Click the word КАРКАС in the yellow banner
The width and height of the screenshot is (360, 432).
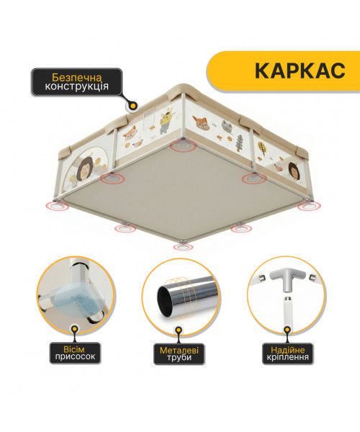(x=300, y=71)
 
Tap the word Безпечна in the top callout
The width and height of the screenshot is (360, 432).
(x=77, y=78)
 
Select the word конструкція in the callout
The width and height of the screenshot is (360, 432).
(x=76, y=86)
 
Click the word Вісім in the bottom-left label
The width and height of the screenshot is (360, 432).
(x=74, y=349)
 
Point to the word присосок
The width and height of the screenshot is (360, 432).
(x=75, y=356)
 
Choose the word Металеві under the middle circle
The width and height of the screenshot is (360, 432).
(x=179, y=351)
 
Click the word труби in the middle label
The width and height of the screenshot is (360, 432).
(x=179, y=358)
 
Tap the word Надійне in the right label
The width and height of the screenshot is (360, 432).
(x=287, y=350)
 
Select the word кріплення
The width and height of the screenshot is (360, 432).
(x=287, y=357)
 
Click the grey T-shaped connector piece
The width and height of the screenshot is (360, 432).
(x=287, y=278)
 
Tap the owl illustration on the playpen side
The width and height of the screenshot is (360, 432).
(x=227, y=127)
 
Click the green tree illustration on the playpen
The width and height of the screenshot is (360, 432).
(x=239, y=143)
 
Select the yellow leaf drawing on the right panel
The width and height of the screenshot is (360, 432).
(x=262, y=148)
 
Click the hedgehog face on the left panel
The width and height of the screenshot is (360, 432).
(x=86, y=169)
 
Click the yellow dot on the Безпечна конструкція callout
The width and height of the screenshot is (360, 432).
(x=132, y=105)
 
